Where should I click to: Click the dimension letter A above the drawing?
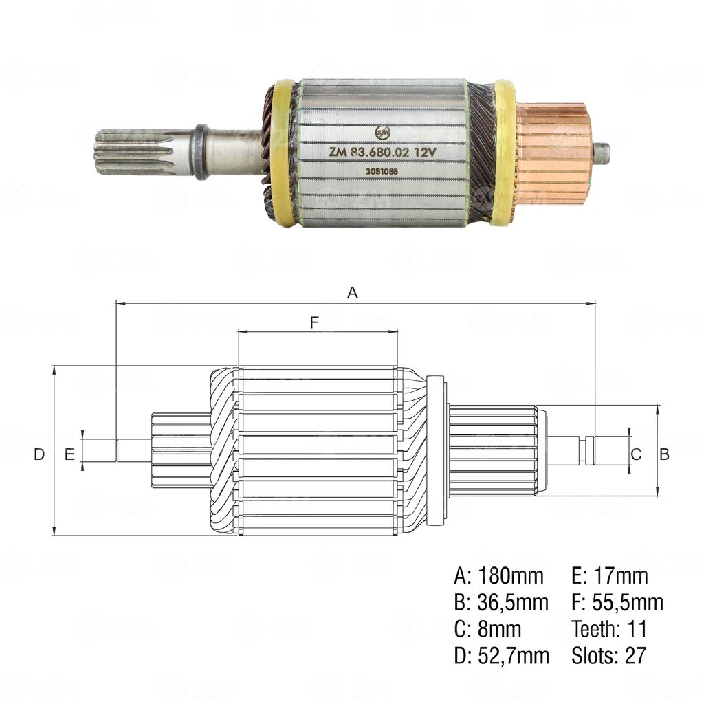coord(353,293)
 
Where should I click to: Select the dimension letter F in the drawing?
coord(314,322)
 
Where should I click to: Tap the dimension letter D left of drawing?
coord(39,454)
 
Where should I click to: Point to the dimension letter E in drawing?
coord(69,454)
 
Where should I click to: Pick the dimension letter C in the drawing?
coord(636,454)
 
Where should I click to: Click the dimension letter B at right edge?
coord(665,454)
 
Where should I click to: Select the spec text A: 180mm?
coord(498,575)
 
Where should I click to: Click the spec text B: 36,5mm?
coord(501,603)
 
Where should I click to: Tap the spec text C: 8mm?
coord(487,629)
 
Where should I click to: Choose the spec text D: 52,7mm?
coord(501,656)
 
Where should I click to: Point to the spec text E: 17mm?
coord(610,575)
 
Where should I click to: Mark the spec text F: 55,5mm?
coord(617,603)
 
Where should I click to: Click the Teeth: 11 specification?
coord(609,629)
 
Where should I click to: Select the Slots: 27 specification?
coord(608,656)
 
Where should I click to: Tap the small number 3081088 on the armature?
coord(382,173)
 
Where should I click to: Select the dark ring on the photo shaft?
coord(201,152)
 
